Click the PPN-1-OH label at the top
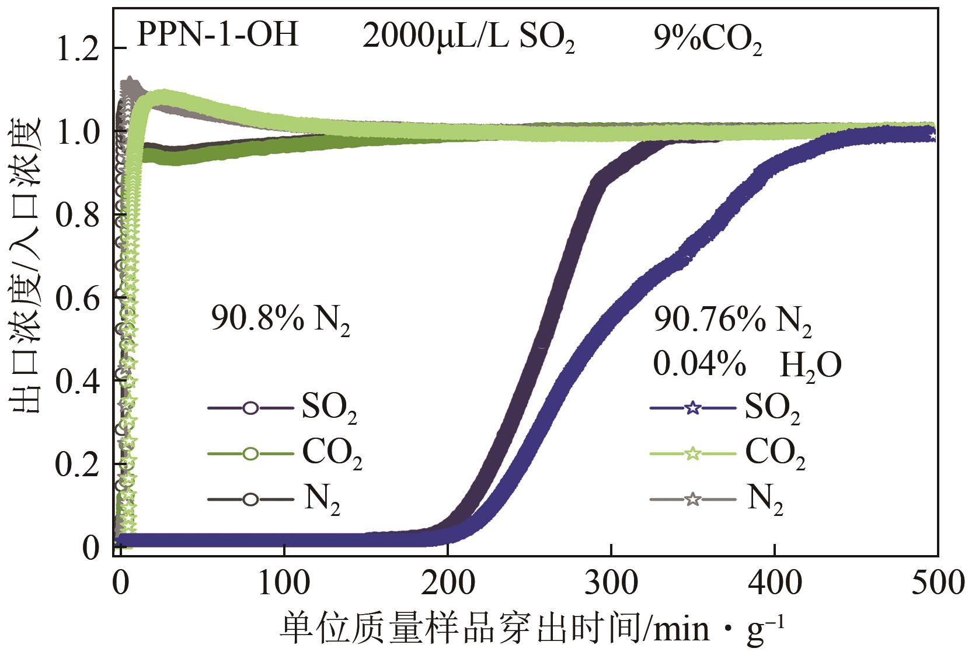[217, 36]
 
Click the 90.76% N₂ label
[733, 322]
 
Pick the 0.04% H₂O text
[747, 366]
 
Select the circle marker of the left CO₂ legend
[250, 454]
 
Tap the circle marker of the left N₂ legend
[250, 500]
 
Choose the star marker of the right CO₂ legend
[692, 454]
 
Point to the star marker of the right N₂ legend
[692, 500]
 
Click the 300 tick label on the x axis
[611, 583]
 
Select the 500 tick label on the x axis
[936, 583]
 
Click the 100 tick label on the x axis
[284, 583]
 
